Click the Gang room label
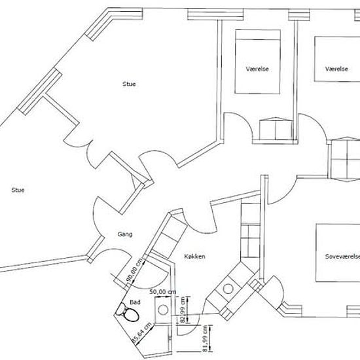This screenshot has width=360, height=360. (x=125, y=234)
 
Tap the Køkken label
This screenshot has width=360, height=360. (x=194, y=256)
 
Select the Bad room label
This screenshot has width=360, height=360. (x=135, y=302)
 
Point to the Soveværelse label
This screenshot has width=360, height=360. (x=342, y=257)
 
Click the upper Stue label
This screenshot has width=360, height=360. (x=129, y=84)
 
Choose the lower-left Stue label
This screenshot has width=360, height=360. (x=18, y=190)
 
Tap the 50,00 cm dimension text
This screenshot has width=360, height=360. (x=163, y=292)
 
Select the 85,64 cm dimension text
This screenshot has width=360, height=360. (x=142, y=333)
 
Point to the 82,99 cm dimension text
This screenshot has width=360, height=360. (x=183, y=310)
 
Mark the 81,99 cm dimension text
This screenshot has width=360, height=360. (x=205, y=338)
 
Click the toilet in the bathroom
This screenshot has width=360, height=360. (x=127, y=312)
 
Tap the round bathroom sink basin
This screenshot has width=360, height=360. (x=163, y=310)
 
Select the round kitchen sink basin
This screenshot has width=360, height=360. (x=228, y=289)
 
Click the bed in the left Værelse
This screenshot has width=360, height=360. (x=258, y=62)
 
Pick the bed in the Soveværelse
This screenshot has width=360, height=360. (x=338, y=253)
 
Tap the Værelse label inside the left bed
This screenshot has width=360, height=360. (x=257, y=69)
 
